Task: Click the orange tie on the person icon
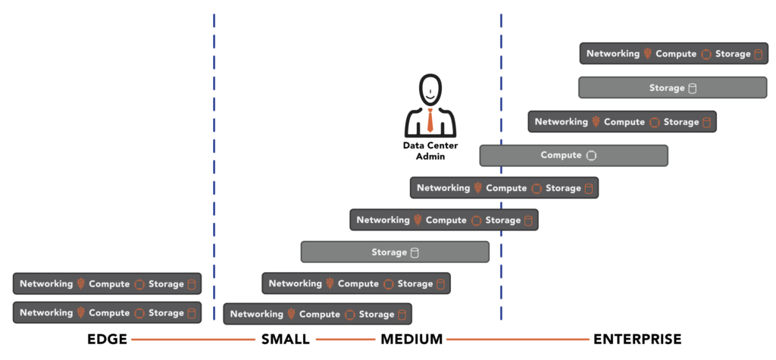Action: point(430,120)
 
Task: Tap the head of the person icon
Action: point(430,90)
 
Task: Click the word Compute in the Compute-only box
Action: point(561,155)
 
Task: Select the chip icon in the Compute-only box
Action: point(592,155)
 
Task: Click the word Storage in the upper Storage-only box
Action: point(667,88)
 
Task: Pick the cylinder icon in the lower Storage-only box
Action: point(415,252)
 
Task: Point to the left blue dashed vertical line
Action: point(214,167)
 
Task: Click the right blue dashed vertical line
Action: point(501,167)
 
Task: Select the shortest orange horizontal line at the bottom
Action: point(346,340)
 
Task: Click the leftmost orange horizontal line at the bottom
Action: point(193,340)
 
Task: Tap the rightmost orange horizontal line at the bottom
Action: point(518,340)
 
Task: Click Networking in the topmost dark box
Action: point(613,54)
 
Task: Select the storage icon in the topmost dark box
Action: point(758,54)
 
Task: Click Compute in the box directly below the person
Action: point(506,188)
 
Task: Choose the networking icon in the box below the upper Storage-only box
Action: point(596,122)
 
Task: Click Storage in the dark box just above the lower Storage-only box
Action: point(503,221)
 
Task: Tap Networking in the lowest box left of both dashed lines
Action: point(46,313)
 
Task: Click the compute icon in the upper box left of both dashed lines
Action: point(139,284)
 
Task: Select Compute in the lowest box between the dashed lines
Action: point(320,315)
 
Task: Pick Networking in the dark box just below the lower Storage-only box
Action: point(296,284)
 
